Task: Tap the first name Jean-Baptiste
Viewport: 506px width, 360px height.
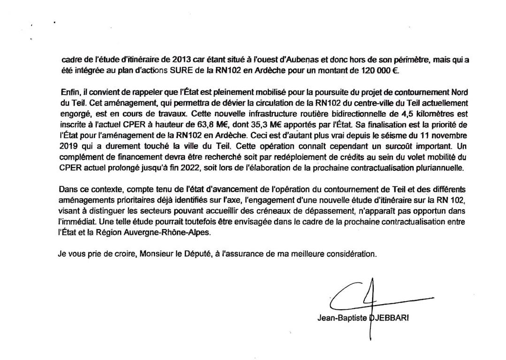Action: (x=343, y=317)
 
